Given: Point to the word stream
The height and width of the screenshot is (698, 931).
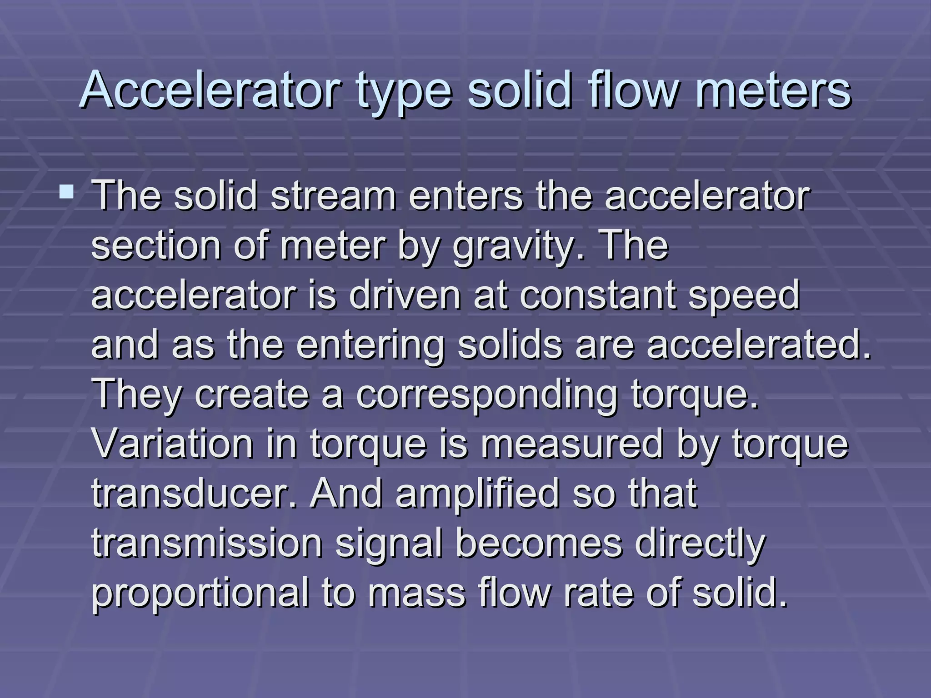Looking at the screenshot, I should click(333, 196).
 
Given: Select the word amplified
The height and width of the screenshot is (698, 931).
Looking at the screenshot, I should click(477, 494).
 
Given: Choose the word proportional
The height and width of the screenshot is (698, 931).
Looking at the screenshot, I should click(200, 594).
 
